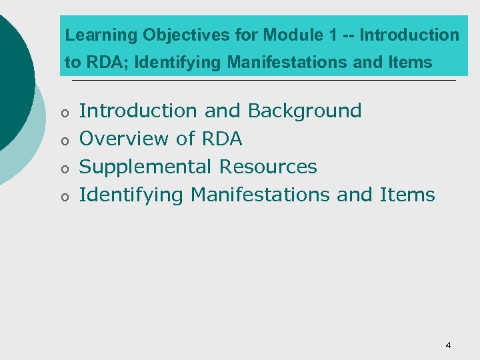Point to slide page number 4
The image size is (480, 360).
448,345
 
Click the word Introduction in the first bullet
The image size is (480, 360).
138,111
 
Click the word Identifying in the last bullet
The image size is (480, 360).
131,195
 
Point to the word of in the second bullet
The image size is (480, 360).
185,139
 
